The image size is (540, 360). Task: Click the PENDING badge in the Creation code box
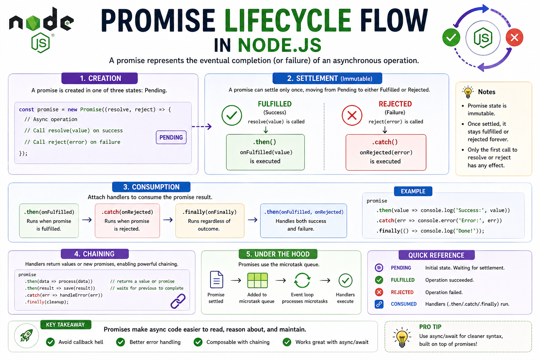click(171, 137)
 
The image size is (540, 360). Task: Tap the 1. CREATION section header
click(99, 78)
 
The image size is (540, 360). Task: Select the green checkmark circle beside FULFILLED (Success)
click(232, 115)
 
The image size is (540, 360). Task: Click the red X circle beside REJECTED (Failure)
click(352, 115)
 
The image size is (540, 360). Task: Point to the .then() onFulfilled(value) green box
click(265, 152)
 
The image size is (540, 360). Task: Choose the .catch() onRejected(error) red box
click(386, 152)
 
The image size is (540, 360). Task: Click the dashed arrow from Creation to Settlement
click(202, 126)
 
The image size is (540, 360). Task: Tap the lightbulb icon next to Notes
click(468, 92)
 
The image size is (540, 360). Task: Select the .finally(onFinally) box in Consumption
click(210, 221)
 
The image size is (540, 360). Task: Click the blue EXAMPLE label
click(413, 191)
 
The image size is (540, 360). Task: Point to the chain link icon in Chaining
click(178, 301)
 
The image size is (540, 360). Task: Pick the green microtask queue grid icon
click(257, 281)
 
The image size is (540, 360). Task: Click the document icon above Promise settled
click(217, 280)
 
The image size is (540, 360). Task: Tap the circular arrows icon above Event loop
click(302, 281)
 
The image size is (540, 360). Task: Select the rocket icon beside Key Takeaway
click(26, 336)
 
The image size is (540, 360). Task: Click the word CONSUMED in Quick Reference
click(404, 304)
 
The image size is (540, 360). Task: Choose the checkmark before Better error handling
click(121, 342)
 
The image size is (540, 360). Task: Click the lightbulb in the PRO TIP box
click(402, 337)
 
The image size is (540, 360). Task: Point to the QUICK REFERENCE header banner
click(436, 255)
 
